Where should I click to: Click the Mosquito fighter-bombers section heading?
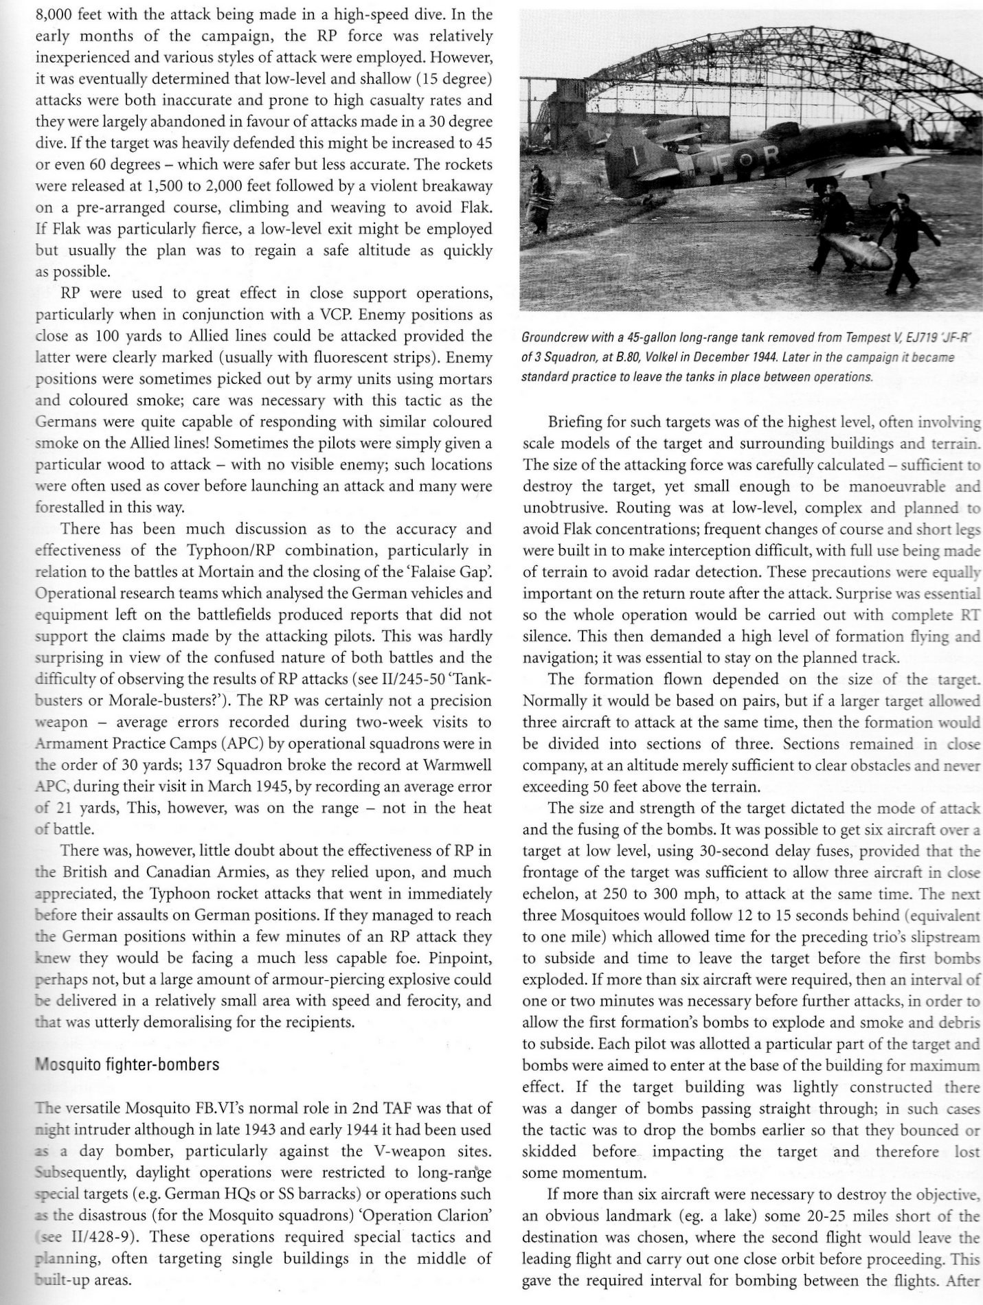(127, 1065)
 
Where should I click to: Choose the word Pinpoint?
(457, 958)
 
